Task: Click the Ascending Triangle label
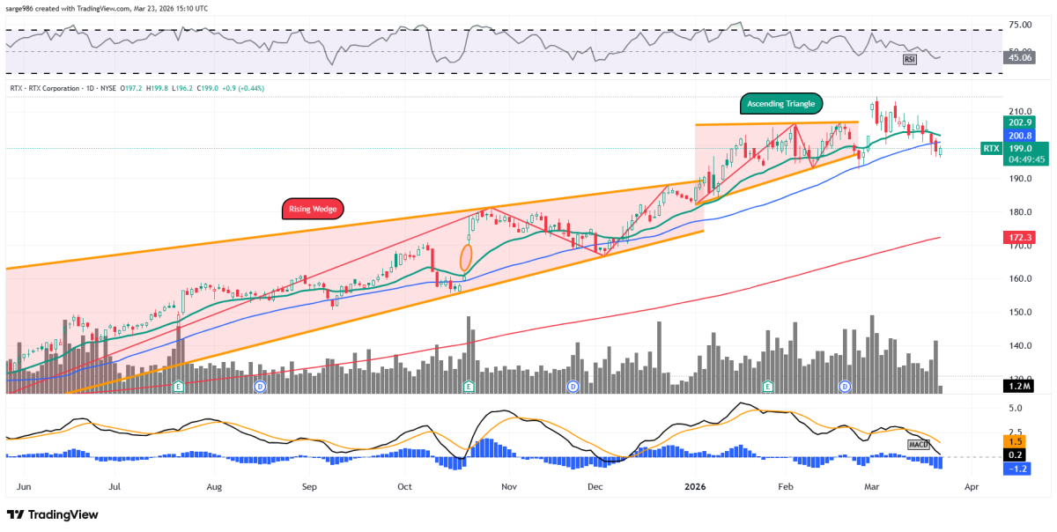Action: [x=780, y=103]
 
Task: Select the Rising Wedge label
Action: [x=313, y=209]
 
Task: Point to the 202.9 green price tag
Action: [x=1014, y=123]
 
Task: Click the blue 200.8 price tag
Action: [x=1014, y=137]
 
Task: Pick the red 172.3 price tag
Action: [x=1014, y=238]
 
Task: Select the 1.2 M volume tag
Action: [x=1014, y=386]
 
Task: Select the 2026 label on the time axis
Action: [x=696, y=485]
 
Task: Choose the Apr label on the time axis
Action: [x=972, y=485]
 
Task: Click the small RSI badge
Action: [x=911, y=59]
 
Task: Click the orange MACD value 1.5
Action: [x=1014, y=441]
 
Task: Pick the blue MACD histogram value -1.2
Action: [x=1014, y=469]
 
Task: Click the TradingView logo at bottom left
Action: [x=53, y=514]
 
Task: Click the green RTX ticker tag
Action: [x=990, y=149]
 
